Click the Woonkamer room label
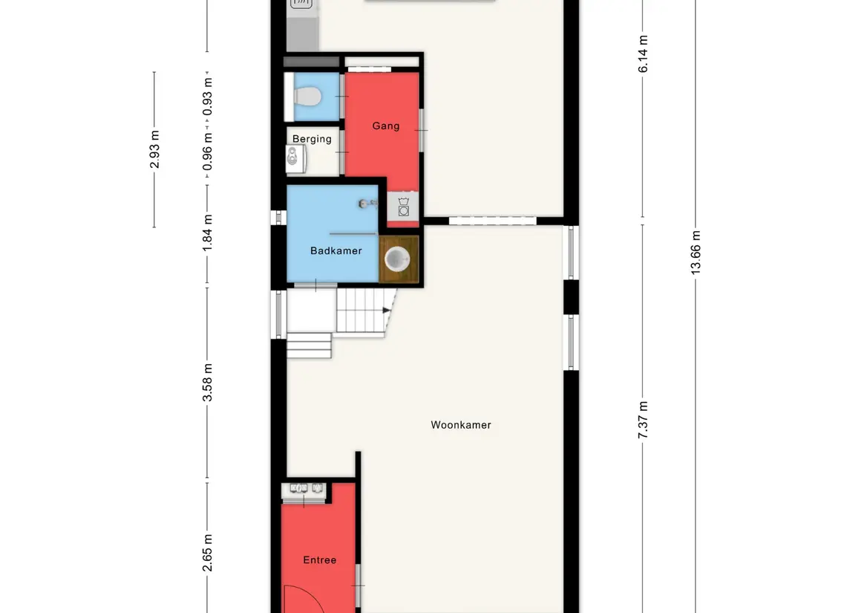pos(461,425)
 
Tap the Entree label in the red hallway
pos(319,560)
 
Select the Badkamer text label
pos(336,250)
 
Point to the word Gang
pos(385,126)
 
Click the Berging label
pos(312,139)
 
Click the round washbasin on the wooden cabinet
pos(397,259)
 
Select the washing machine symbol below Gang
pos(403,207)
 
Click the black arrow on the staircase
pos(386,311)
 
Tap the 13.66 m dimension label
pos(696,252)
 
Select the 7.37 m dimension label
pos(643,420)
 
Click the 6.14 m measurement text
pos(643,53)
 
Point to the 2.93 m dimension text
pos(154,149)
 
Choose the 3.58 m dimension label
pos(207,383)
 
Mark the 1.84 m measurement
pos(207,233)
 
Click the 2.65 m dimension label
pos(207,552)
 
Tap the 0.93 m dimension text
pos(207,97)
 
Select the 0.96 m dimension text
pos(207,152)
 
